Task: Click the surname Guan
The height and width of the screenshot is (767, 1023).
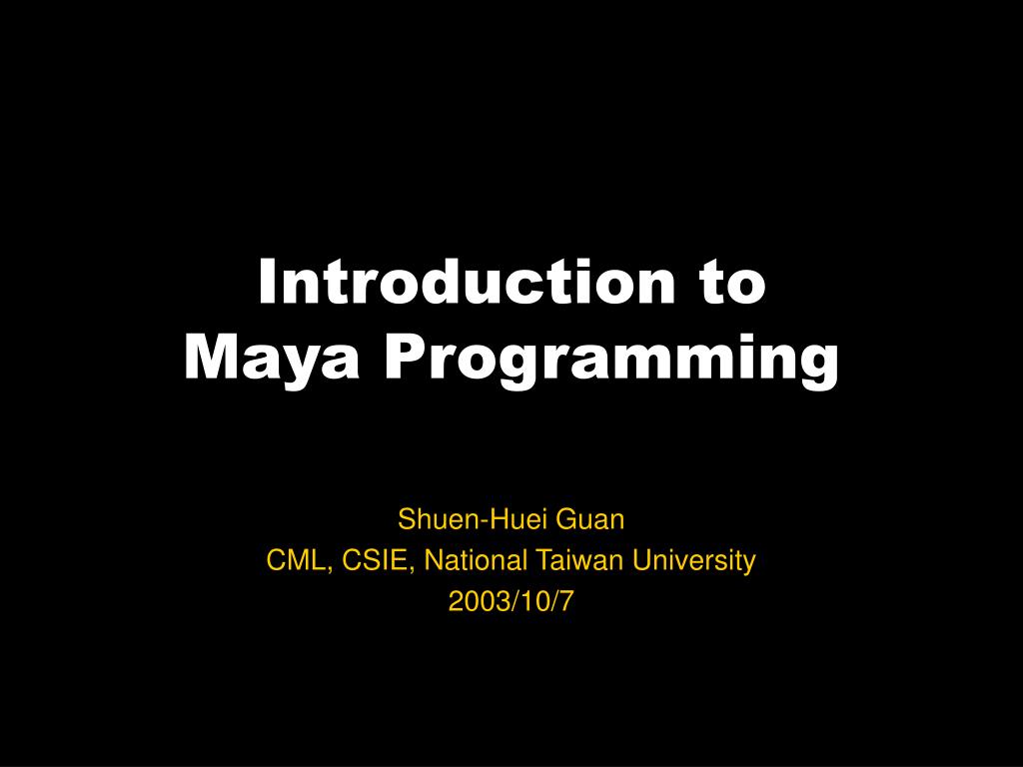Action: click(x=595, y=520)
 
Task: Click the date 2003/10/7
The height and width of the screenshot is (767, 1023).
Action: click(x=511, y=602)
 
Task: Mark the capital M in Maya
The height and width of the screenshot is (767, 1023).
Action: click(x=207, y=359)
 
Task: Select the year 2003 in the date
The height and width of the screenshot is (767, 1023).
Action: click(x=472, y=602)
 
